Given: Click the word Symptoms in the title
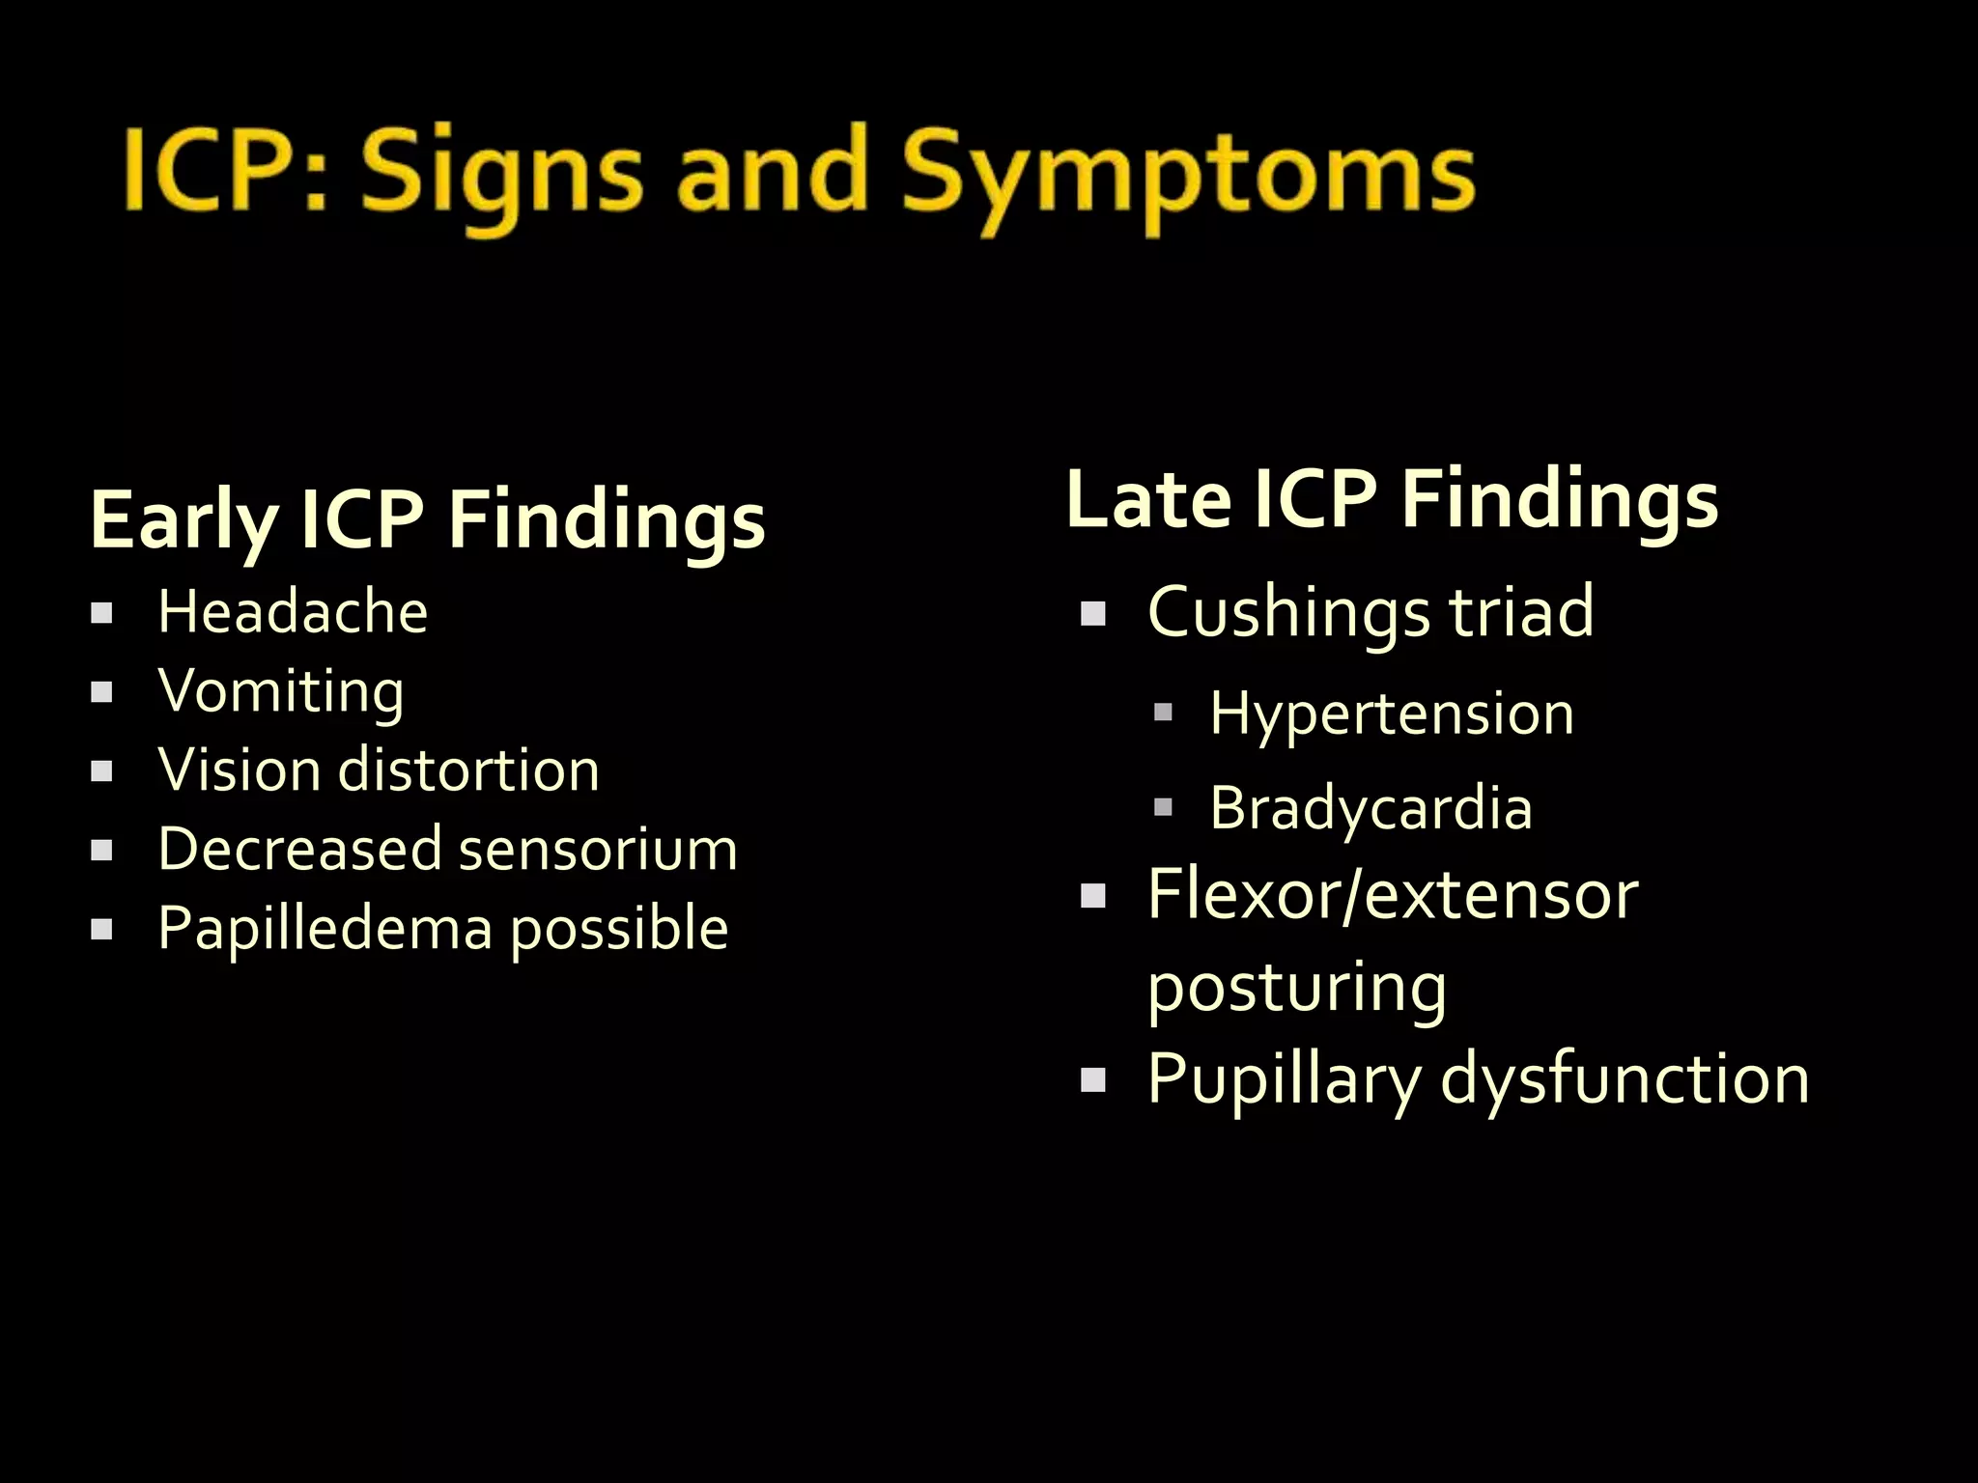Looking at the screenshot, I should pos(1188,174).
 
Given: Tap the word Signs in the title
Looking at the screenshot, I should pos(501,174).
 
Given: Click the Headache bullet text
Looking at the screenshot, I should pos(293,612).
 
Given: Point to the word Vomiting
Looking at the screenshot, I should pos(281,691).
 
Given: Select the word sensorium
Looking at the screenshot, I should pos(598,850).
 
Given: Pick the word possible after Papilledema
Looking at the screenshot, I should pos(619,929).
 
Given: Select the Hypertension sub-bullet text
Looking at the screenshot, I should pos(1392,714).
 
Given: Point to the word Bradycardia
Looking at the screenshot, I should pos(1370,807).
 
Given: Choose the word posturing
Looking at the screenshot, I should pos(1297,987).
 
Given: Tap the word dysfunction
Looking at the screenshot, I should pos(1625,1078).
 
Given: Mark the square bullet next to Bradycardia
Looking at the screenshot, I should pos(1163,807).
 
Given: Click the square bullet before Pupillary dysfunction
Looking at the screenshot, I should pos(1092,1079).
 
